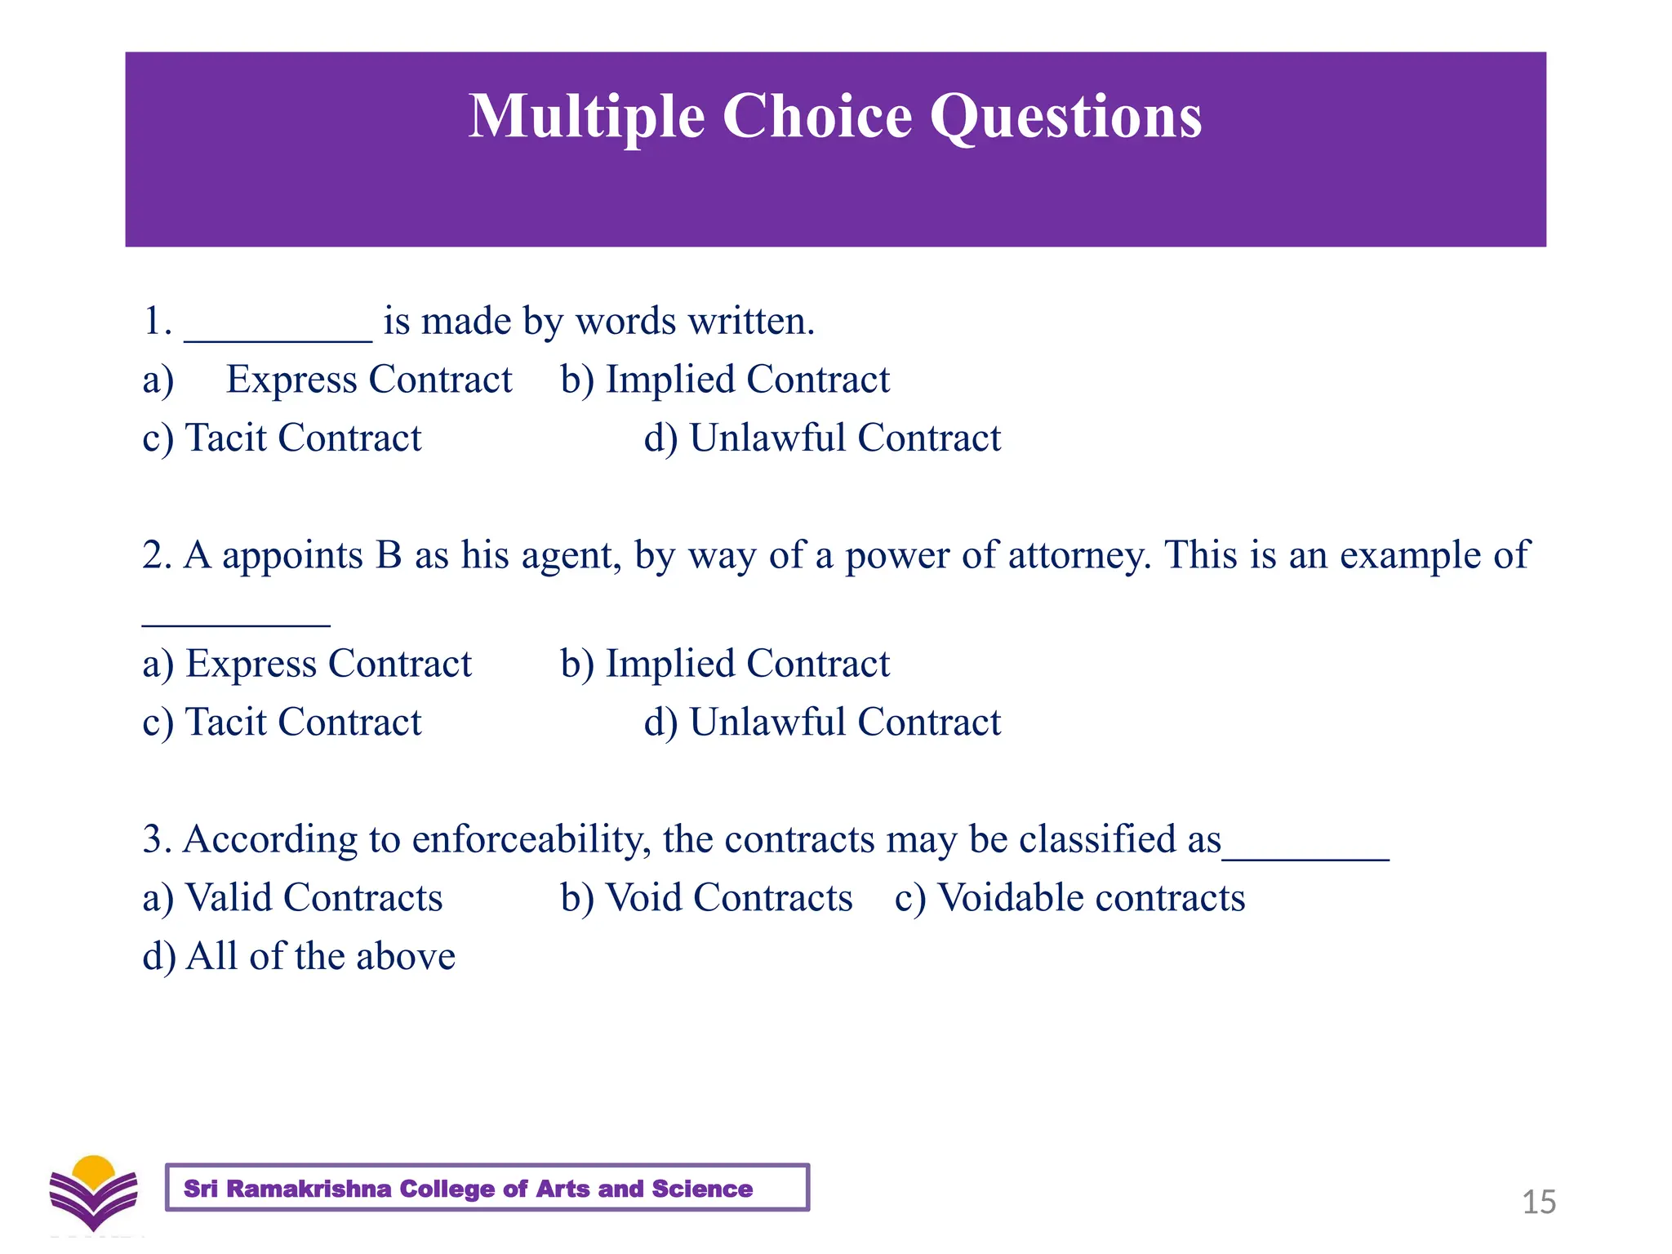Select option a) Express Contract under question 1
tap(327, 380)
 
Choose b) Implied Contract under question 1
tap(725, 380)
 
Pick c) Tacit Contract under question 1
tap(282, 438)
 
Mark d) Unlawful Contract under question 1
tap(822, 438)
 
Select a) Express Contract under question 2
tap(307, 664)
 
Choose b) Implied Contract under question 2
tap(725, 664)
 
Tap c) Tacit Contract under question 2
tap(282, 723)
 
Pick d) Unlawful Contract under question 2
tap(822, 723)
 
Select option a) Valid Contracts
tap(292, 898)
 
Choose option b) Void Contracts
tap(706, 898)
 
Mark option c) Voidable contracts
tap(1069, 898)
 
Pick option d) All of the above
tap(299, 957)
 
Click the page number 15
tap(1539, 1203)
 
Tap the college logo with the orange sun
tap(93, 1193)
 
